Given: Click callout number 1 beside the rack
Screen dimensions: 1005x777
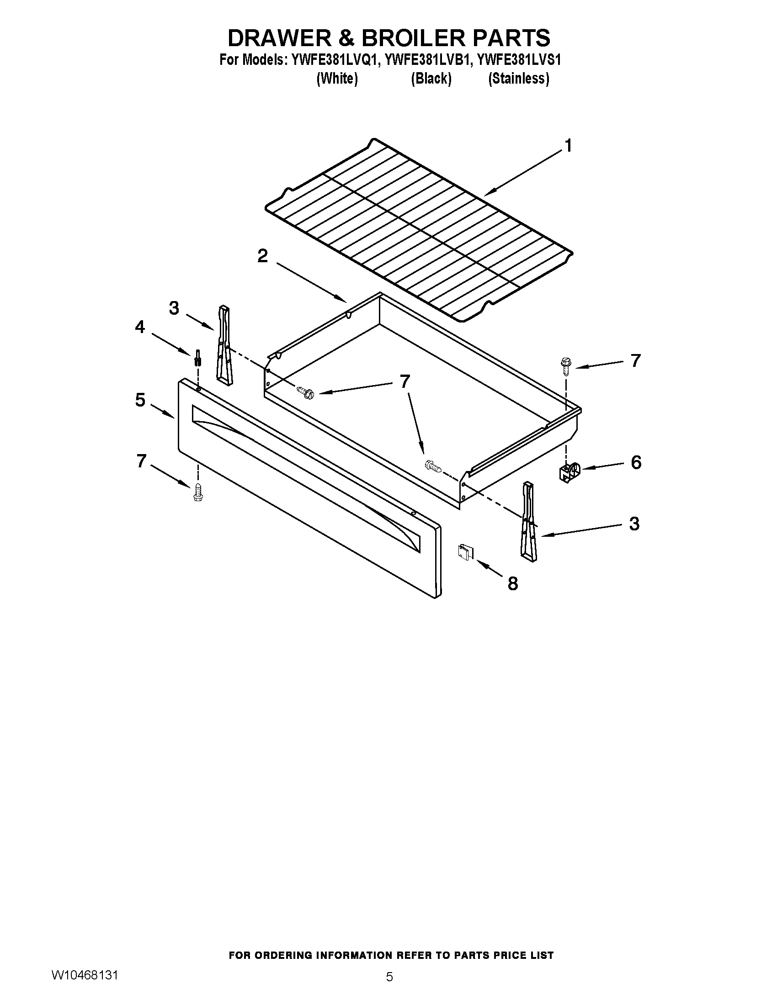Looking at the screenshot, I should point(569,146).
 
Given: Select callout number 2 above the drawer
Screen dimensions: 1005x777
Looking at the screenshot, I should point(262,256).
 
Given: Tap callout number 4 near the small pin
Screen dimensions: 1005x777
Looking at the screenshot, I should point(140,327).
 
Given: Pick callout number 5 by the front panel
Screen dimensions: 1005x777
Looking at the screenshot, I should point(140,400).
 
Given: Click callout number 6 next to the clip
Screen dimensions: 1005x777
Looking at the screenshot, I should point(636,462).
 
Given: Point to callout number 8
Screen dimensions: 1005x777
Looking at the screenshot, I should point(512,584).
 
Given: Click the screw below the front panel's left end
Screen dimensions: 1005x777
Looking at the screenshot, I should point(198,492).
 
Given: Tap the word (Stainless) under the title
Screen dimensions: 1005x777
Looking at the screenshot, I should point(518,79).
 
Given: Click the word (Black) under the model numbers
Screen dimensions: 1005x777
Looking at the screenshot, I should point(431,79).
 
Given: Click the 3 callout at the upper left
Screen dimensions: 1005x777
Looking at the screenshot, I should point(174,308).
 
